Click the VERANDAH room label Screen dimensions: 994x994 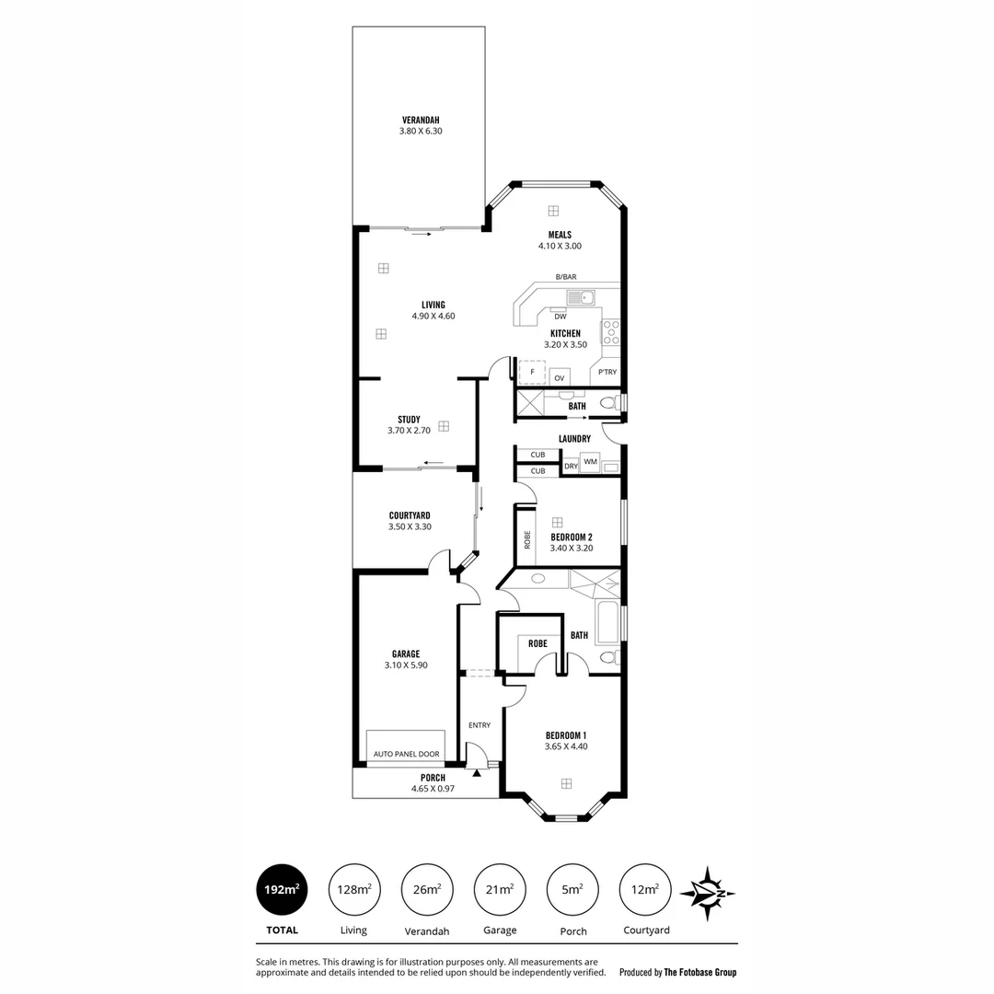tap(421, 120)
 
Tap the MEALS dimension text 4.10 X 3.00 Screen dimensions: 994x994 tap(560, 247)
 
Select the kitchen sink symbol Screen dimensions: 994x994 tap(581, 296)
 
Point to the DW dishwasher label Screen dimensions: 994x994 tap(560, 316)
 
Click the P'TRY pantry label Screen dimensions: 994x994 tap(607, 373)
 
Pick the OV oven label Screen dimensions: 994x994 tap(559, 377)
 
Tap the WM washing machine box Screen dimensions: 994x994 tap(590, 461)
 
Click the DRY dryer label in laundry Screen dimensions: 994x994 tap(571, 467)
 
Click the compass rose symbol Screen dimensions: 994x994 tap(707, 893)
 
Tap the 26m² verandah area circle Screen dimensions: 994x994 tap(427, 890)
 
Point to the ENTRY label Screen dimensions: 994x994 tap(479, 725)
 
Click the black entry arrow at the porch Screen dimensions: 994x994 tap(477, 773)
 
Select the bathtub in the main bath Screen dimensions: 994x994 tap(607, 622)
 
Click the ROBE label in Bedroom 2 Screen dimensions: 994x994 tap(527, 541)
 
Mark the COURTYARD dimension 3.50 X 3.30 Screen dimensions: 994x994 tap(410, 527)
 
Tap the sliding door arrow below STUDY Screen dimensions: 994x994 tap(433, 463)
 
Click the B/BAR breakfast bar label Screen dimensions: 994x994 tap(565, 277)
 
